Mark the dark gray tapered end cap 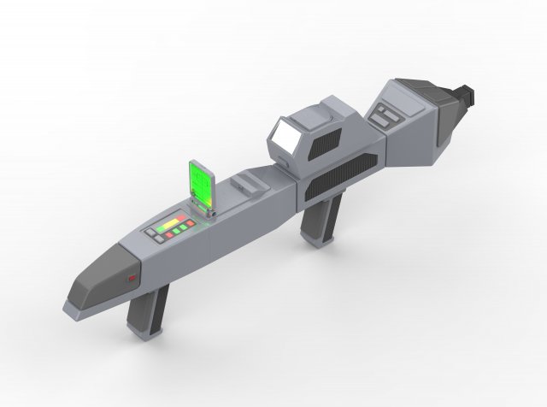98,276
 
